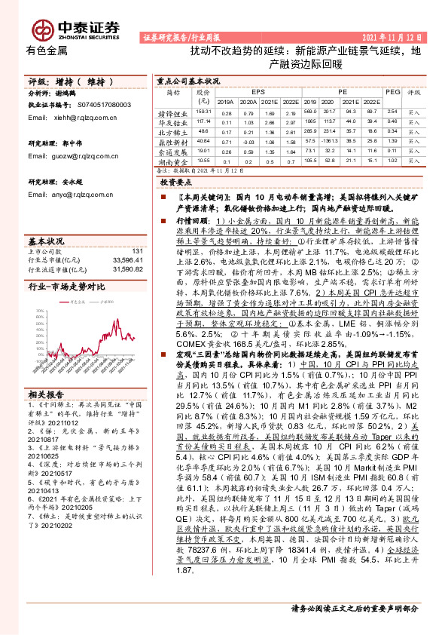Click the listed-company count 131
pos(137,251)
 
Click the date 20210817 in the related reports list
pos(49,437)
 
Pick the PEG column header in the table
pos(391,91)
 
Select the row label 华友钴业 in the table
pos(174,121)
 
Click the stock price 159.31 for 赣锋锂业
pos(203,111)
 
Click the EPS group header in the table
pos(258,90)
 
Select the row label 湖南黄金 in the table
pos(174,160)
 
